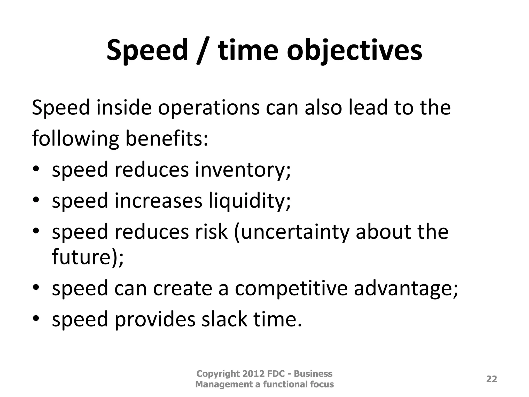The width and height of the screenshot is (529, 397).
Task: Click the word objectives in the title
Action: tap(354, 50)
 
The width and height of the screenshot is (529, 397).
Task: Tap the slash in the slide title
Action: tap(202, 50)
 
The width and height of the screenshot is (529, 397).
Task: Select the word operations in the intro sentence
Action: tap(209, 108)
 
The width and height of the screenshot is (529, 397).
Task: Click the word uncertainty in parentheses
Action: tap(291, 232)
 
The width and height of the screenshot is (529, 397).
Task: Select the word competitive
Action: tap(291, 288)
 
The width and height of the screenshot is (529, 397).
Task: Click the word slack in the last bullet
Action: tap(224, 319)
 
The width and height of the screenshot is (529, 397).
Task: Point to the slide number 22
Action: tap(492, 379)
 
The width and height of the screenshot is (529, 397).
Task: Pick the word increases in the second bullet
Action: tap(158, 201)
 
